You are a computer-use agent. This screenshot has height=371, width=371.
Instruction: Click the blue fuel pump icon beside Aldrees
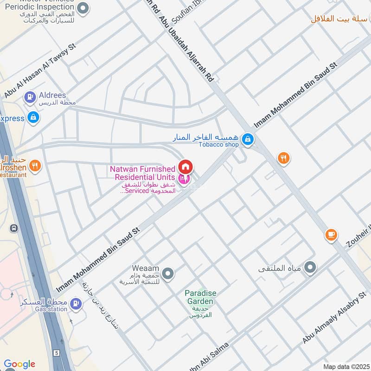coord(30,97)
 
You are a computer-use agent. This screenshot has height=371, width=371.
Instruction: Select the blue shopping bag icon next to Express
coord(33,118)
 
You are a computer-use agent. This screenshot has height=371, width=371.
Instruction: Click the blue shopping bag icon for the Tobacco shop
coord(248,139)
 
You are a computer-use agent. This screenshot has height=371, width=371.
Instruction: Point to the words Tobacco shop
coord(218,145)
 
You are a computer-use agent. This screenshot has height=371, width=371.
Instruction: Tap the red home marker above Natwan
coord(185,166)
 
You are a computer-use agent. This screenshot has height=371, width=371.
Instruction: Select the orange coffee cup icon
coord(331,235)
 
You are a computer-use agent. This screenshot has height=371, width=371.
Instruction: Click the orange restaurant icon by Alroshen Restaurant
coord(35,165)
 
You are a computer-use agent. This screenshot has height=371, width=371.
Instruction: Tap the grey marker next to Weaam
coord(168,274)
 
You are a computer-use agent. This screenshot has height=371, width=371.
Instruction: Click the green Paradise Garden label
coord(200,297)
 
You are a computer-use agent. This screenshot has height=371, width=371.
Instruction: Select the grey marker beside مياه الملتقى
coord(311,267)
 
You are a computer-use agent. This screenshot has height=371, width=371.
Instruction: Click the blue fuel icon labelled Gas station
coord(76,304)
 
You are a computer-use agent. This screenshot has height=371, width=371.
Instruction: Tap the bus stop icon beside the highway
coord(14,228)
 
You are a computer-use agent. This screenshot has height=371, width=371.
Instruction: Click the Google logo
coord(19,364)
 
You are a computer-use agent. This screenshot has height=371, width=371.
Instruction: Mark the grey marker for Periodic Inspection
coord(83,8)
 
